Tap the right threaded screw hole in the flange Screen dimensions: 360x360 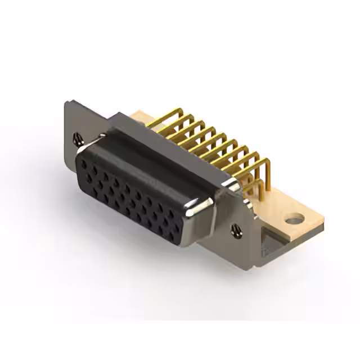(x=236, y=228)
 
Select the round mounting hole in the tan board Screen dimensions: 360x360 (x=294, y=218)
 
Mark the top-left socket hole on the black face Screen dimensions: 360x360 (x=84, y=160)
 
